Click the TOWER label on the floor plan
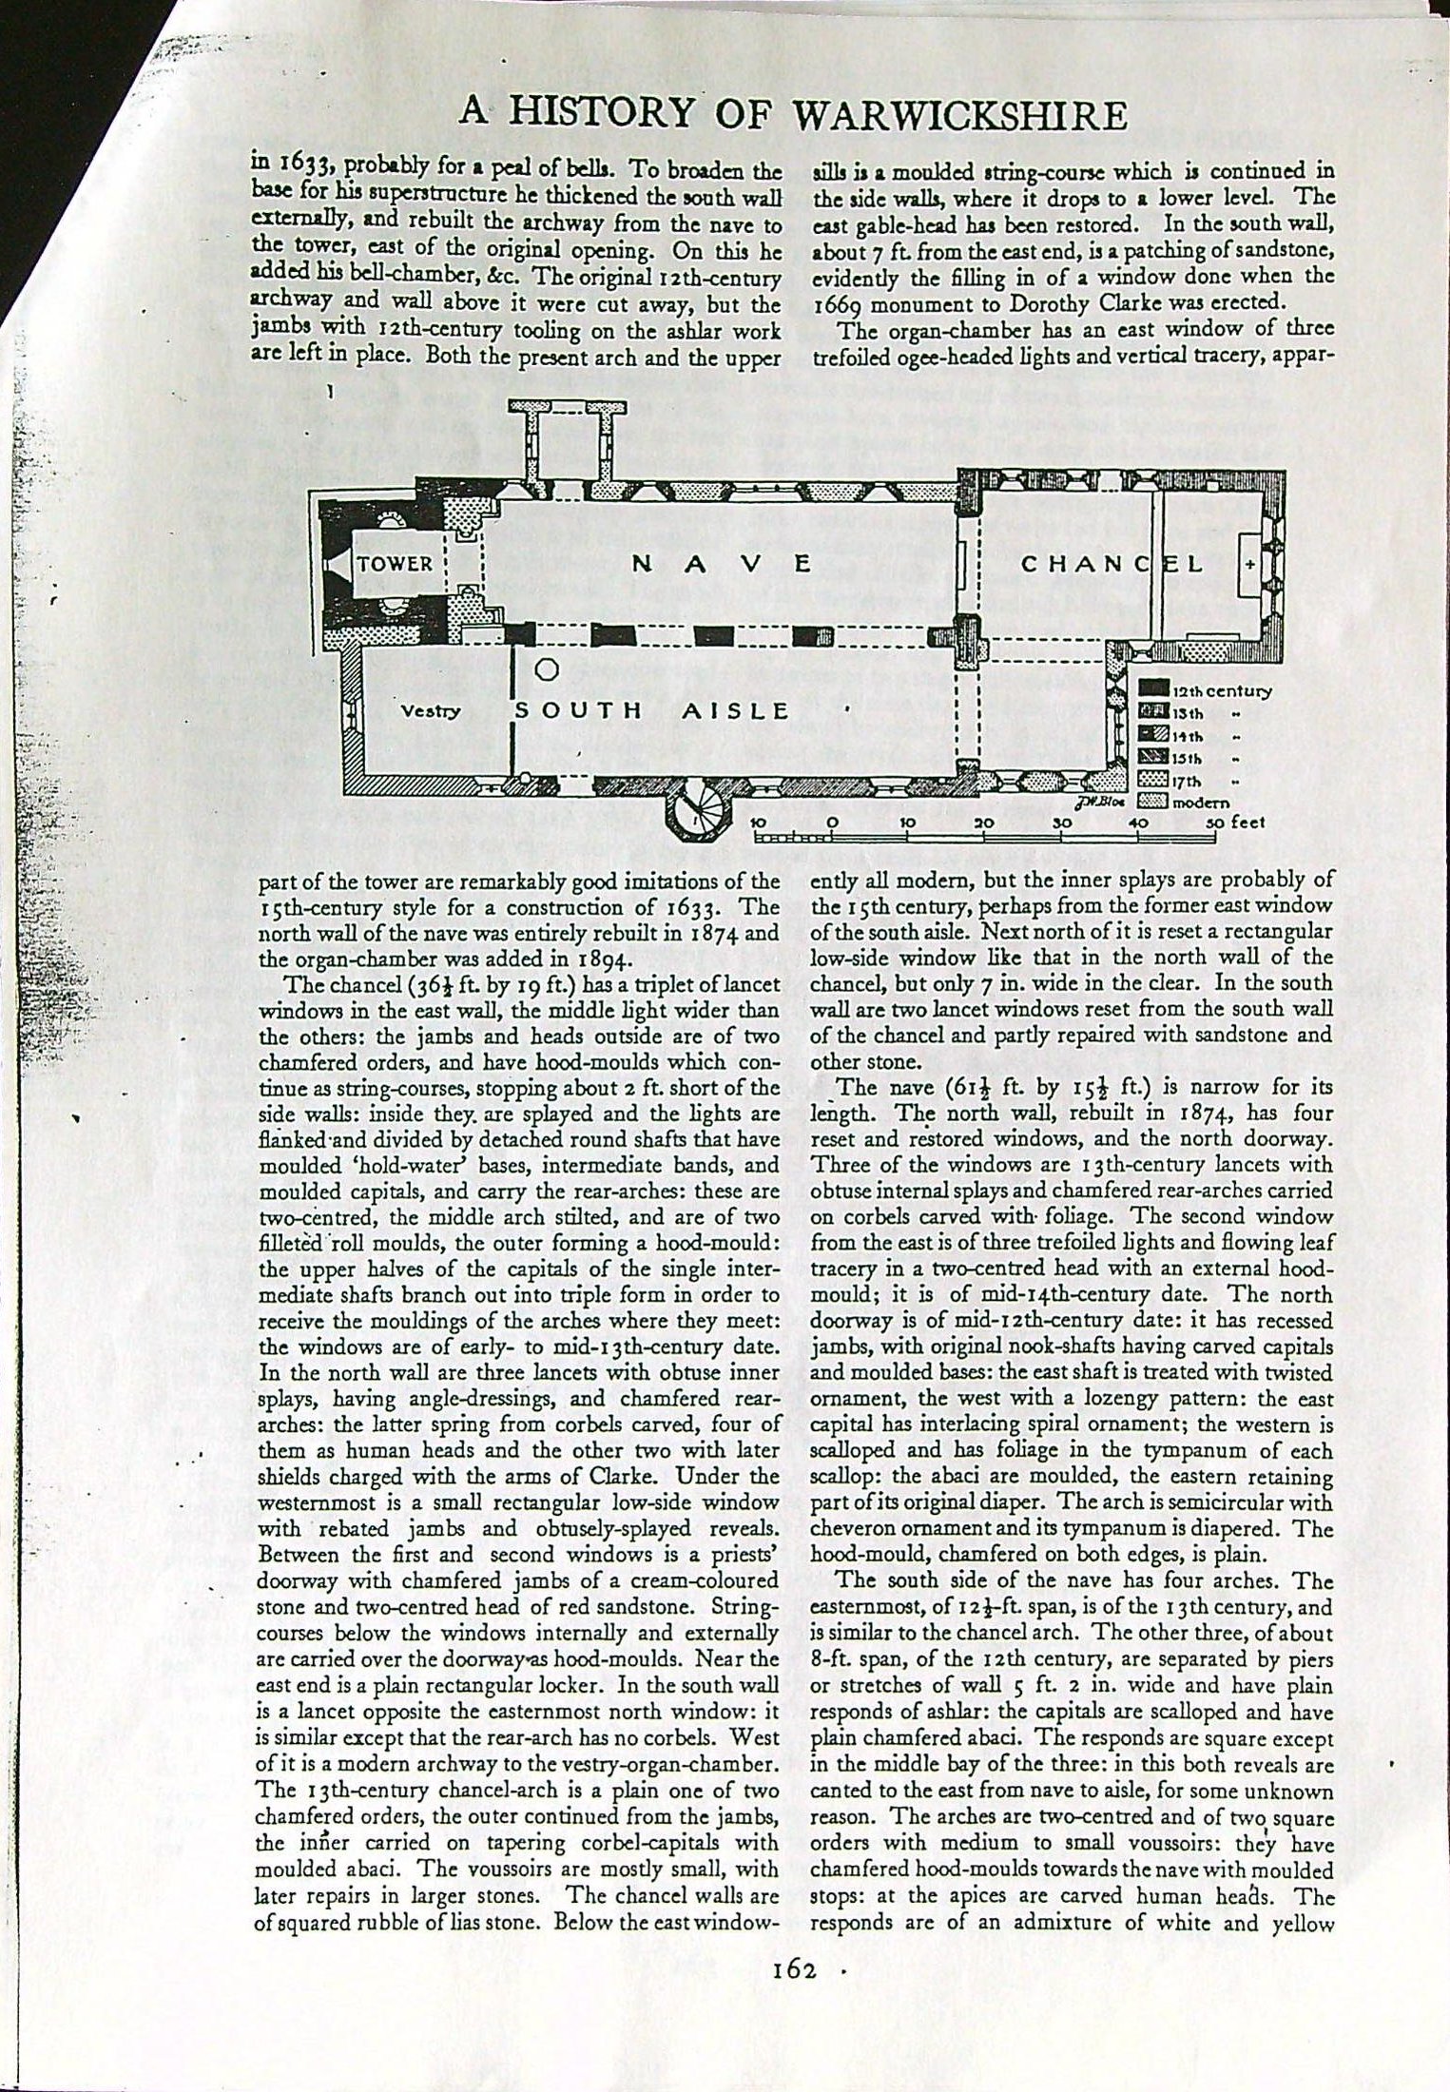tap(395, 563)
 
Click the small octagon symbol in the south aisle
tap(546, 669)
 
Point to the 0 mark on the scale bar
tap(833, 820)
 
